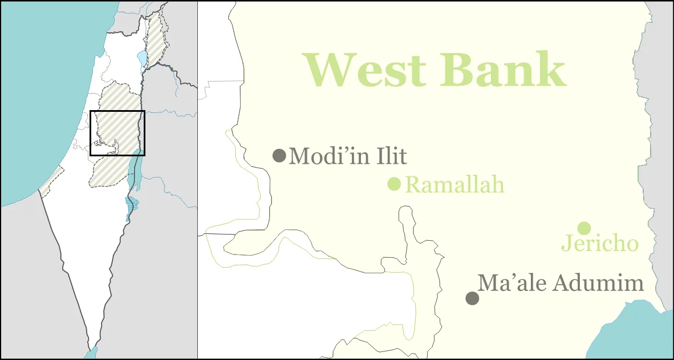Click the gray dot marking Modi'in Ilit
click(x=279, y=155)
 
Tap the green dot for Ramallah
click(x=394, y=184)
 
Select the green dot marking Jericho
click(x=583, y=228)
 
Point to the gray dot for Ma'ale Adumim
click(x=472, y=298)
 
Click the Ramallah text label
click(x=454, y=185)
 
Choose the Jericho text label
click(x=600, y=244)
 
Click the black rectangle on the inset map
click(x=117, y=111)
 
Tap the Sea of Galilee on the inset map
click(x=142, y=58)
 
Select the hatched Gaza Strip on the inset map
click(x=51, y=180)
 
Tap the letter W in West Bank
click(x=330, y=70)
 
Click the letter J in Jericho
click(x=566, y=244)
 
